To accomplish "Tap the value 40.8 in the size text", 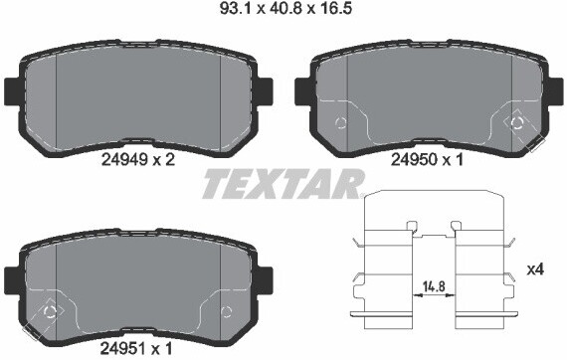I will [284, 11].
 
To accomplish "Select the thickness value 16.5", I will [335, 11].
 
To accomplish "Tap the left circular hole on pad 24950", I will [341, 123].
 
